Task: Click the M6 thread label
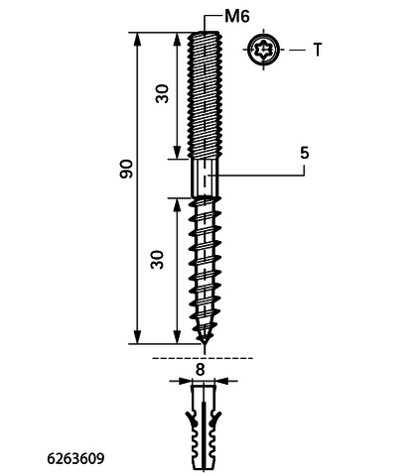pyautogui.click(x=237, y=16)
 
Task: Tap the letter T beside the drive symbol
pyautogui.click(x=318, y=50)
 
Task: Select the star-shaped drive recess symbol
pyautogui.click(x=263, y=50)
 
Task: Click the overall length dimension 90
pyautogui.click(x=126, y=169)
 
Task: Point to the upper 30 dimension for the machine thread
pyautogui.click(x=163, y=94)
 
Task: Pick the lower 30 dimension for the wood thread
pyautogui.click(x=158, y=260)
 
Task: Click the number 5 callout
pyautogui.click(x=304, y=153)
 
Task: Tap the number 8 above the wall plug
pyautogui.click(x=200, y=370)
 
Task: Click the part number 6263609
pyautogui.click(x=75, y=458)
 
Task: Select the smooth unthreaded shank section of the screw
pyautogui.click(x=205, y=178)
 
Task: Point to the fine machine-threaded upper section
pyautogui.click(x=205, y=95)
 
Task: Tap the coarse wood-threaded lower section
pyautogui.click(x=205, y=268)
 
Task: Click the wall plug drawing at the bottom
pyautogui.click(x=204, y=426)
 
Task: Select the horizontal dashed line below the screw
pyautogui.click(x=203, y=358)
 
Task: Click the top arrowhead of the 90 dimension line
pyautogui.click(x=137, y=40)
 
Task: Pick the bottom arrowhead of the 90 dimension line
pyautogui.click(x=137, y=336)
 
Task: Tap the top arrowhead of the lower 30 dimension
pyautogui.click(x=178, y=205)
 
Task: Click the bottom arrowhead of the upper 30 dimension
pyautogui.click(x=178, y=152)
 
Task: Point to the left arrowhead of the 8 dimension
pyautogui.click(x=185, y=381)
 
